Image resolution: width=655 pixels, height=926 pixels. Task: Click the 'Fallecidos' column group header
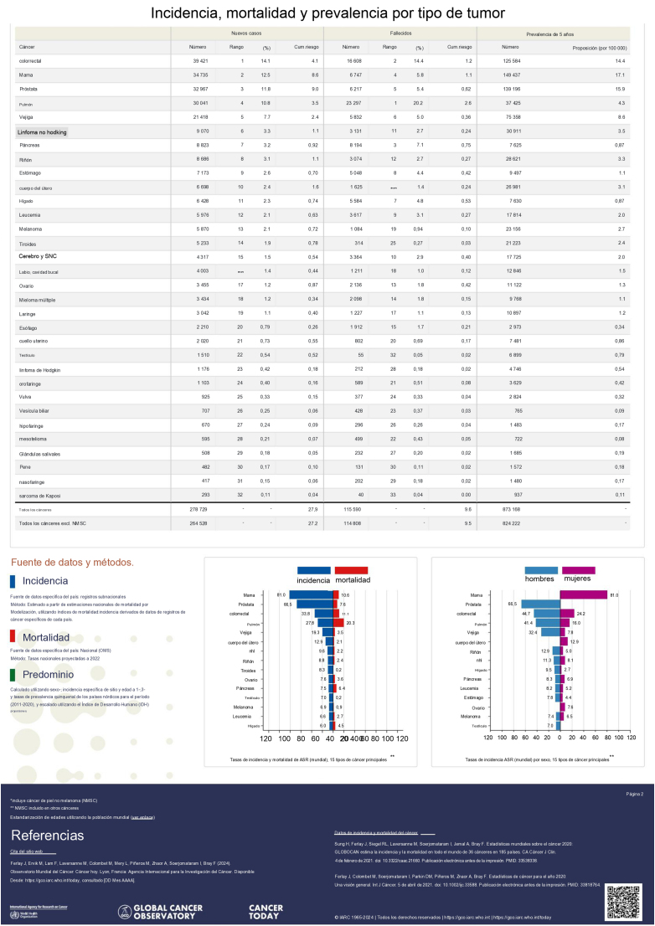point(400,33)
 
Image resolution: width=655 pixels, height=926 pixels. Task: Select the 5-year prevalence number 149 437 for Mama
point(511,75)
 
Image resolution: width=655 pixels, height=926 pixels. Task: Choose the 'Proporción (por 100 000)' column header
point(598,48)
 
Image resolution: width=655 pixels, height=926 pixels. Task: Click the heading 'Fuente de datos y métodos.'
point(70,562)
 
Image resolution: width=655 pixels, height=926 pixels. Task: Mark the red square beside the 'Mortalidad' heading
point(13,637)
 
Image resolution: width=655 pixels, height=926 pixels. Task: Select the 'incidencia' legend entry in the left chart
point(314,579)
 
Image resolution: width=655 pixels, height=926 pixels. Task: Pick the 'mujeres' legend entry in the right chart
point(575,579)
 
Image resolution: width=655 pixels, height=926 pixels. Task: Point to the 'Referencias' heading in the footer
point(47,836)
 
